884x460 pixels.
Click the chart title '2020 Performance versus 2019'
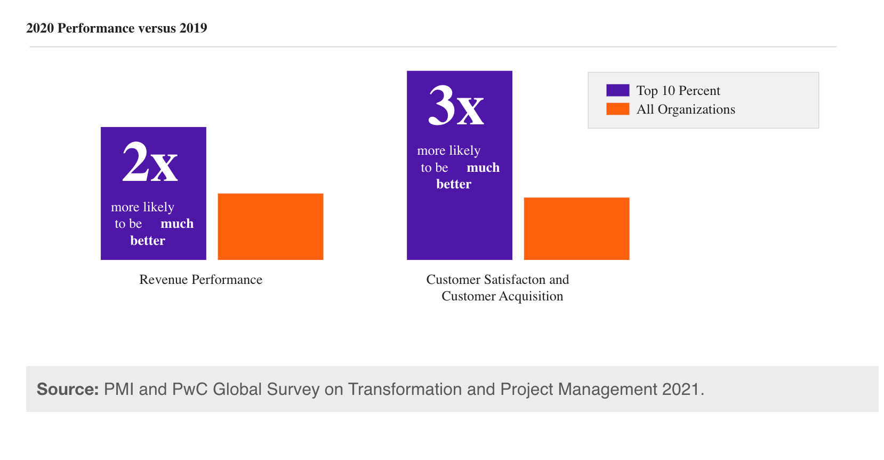(116, 28)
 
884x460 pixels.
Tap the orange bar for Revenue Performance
(270, 227)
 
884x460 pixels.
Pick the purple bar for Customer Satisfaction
(459, 224)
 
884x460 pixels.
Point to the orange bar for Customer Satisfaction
(576, 229)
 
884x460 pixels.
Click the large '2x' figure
(150, 162)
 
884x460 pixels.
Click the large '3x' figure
(456, 106)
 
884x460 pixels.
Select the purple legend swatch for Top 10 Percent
(617, 90)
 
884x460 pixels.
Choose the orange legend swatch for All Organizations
(617, 109)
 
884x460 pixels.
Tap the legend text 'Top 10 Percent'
(678, 91)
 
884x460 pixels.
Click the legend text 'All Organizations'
(686, 109)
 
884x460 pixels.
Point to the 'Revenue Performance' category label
(200, 280)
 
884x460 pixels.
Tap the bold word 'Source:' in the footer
(68, 389)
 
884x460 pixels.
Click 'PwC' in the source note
(189, 389)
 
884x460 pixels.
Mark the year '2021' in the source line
(680, 389)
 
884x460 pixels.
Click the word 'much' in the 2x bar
(177, 224)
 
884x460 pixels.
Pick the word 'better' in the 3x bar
(454, 184)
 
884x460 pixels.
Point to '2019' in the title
(193, 28)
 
